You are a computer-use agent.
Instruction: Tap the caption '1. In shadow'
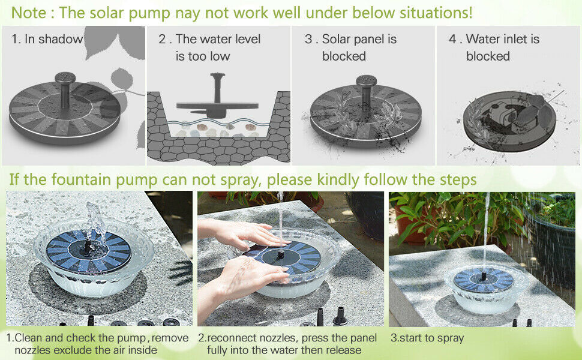pos(47,39)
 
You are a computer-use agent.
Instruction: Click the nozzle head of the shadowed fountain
pos(65,78)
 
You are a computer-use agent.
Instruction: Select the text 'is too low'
pos(203,56)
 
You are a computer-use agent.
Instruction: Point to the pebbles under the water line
pos(215,130)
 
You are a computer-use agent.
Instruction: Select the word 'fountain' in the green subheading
pos(81,179)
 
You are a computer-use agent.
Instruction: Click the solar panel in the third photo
pos(483,280)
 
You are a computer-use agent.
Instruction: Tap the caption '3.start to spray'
pos(427,338)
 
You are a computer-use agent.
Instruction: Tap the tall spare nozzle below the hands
pos(340,316)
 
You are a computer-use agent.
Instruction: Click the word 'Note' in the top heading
pos(29,13)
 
